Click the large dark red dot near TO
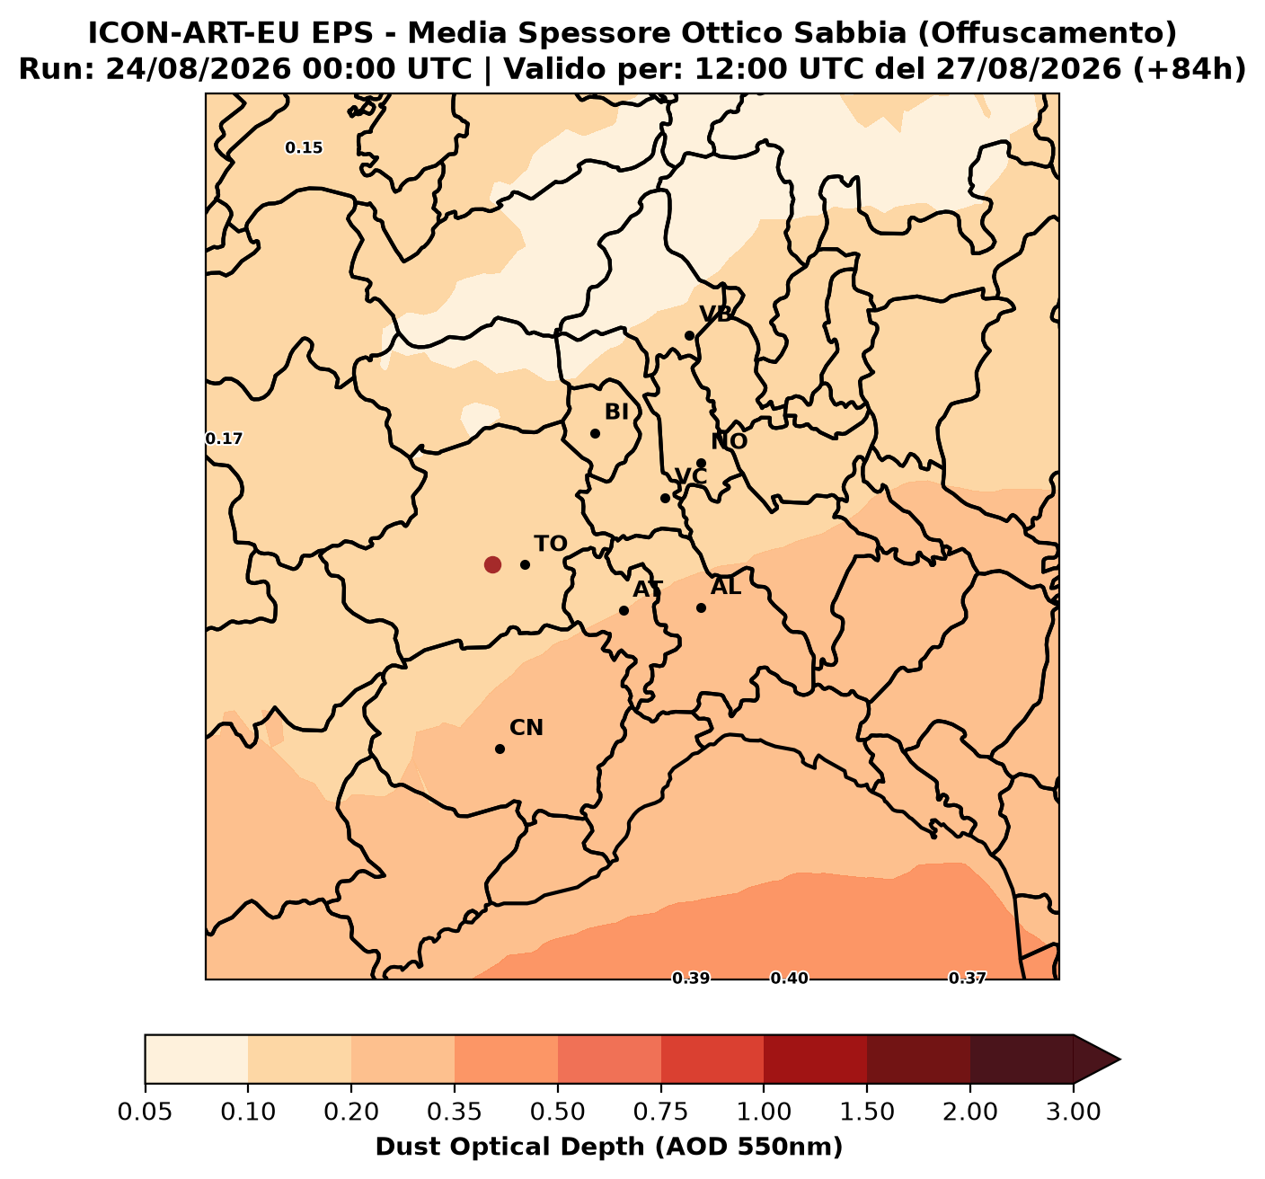click(x=492, y=564)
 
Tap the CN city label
click(x=526, y=728)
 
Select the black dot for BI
click(x=595, y=433)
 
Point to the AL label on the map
click(x=726, y=587)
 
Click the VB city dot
click(x=689, y=335)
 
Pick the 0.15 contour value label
click(x=304, y=148)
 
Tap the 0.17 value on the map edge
click(x=225, y=439)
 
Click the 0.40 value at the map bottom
click(x=789, y=979)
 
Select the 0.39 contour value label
click(x=691, y=979)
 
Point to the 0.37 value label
click(x=968, y=979)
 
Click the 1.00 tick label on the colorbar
click(x=764, y=1113)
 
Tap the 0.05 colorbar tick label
click(x=146, y=1113)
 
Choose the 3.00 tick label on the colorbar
click(x=1074, y=1113)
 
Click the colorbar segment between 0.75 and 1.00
click(x=712, y=1059)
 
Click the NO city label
click(x=730, y=441)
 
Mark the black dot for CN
click(x=500, y=749)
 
